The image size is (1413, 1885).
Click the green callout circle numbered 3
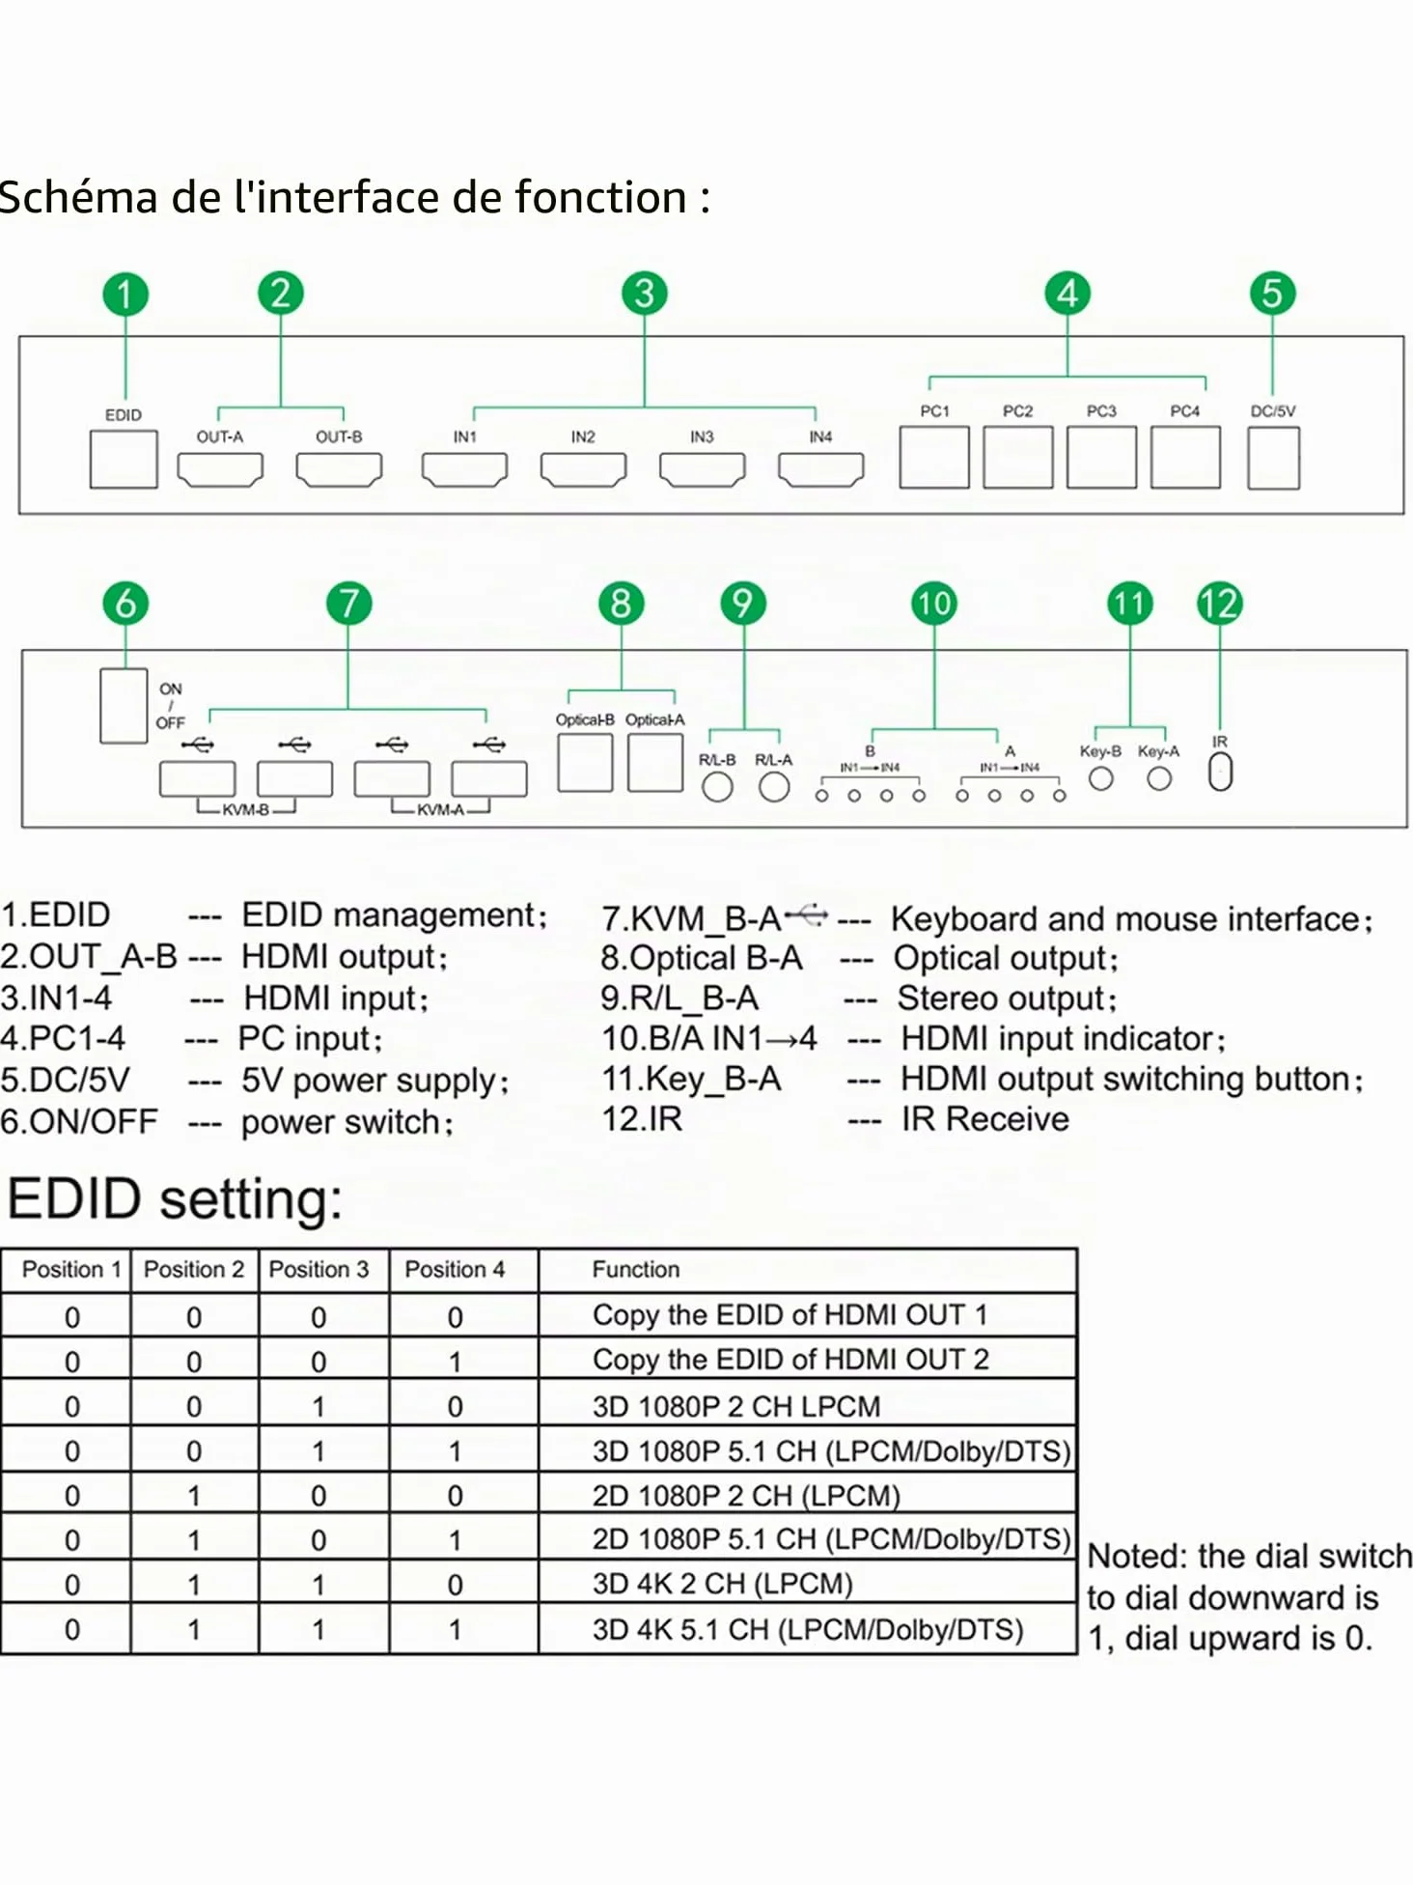tap(644, 293)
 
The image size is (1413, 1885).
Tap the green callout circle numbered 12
tap(1219, 604)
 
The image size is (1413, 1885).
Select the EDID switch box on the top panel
tap(124, 459)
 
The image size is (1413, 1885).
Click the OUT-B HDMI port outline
tap(339, 469)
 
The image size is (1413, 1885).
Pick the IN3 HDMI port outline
tap(702, 469)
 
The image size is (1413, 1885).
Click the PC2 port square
tap(1017, 457)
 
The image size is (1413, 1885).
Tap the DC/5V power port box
tap(1273, 458)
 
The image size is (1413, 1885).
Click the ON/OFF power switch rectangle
tap(124, 706)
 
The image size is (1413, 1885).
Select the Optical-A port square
tap(655, 763)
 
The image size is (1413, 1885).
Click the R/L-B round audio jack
tap(717, 787)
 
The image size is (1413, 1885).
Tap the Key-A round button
tap(1159, 778)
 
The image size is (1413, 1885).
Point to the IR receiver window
tap(1220, 772)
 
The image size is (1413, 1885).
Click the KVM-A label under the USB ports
tap(440, 809)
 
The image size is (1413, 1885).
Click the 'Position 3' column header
tap(319, 1269)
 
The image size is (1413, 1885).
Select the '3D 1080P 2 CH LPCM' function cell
tap(736, 1406)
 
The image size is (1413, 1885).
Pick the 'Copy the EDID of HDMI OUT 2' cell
tap(790, 1360)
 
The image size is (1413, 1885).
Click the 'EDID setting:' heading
tap(175, 1199)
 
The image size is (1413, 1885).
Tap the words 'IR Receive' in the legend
tap(984, 1119)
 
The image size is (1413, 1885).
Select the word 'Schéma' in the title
tap(78, 197)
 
